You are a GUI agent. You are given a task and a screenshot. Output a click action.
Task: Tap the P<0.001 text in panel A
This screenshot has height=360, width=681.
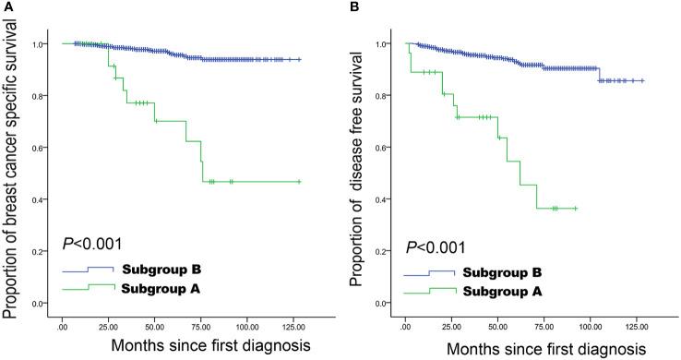(x=92, y=246)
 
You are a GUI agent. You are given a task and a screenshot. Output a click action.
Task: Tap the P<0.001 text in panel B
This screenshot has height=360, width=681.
(x=436, y=246)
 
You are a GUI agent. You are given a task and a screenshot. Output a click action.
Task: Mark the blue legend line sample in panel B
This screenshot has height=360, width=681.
(x=433, y=274)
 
